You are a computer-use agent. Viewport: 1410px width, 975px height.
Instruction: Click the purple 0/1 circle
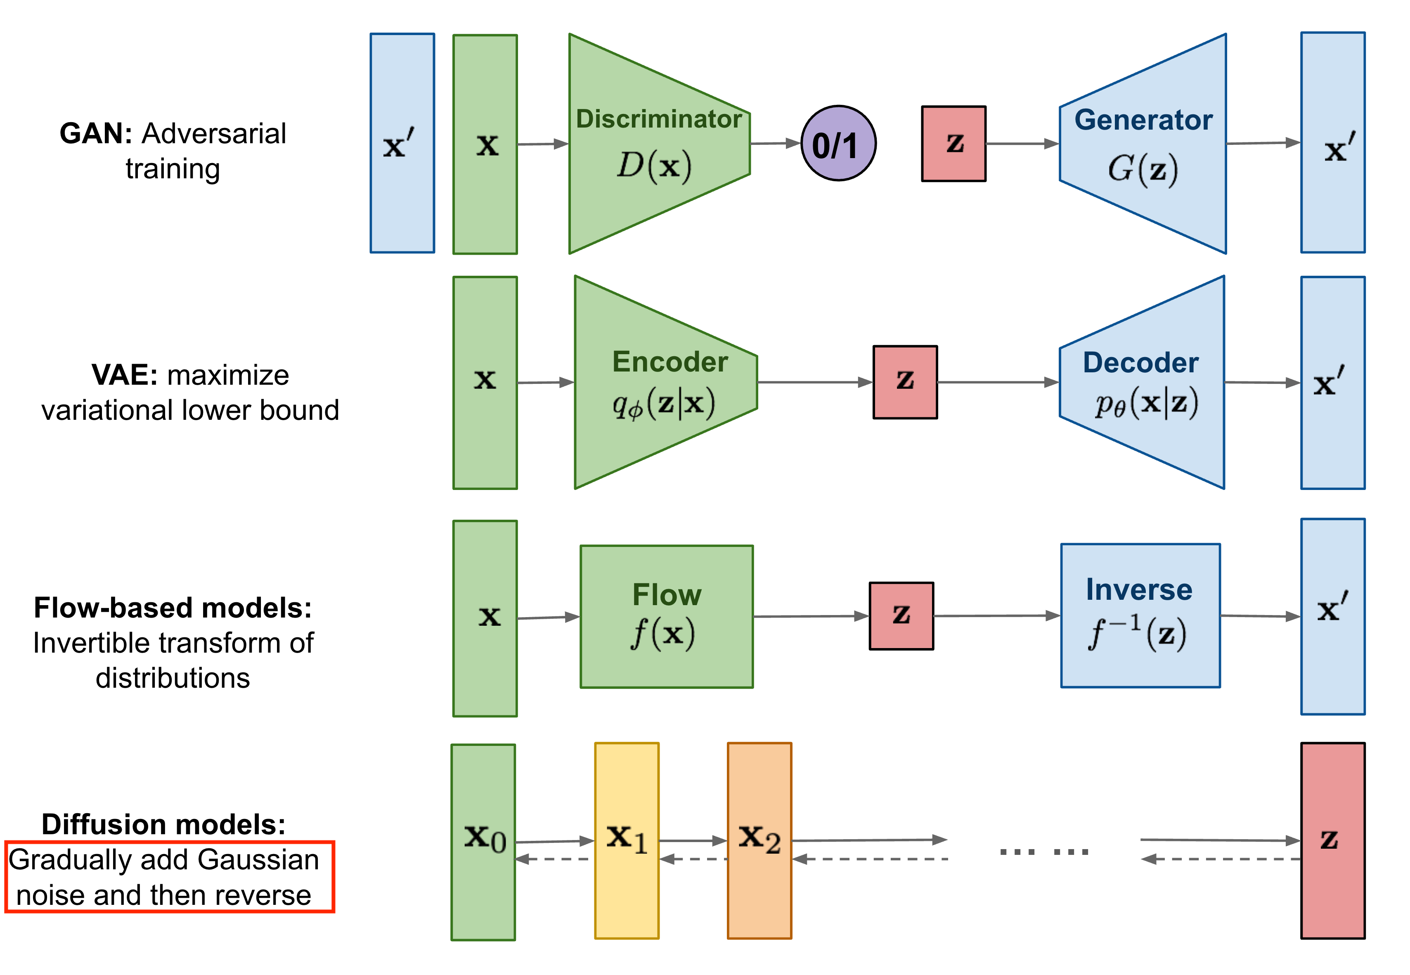tap(838, 144)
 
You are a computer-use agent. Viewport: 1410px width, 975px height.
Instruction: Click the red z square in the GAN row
tap(953, 144)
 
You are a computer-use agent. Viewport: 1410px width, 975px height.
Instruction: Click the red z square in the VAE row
tap(905, 382)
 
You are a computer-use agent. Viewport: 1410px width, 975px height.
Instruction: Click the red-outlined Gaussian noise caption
tap(169, 877)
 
